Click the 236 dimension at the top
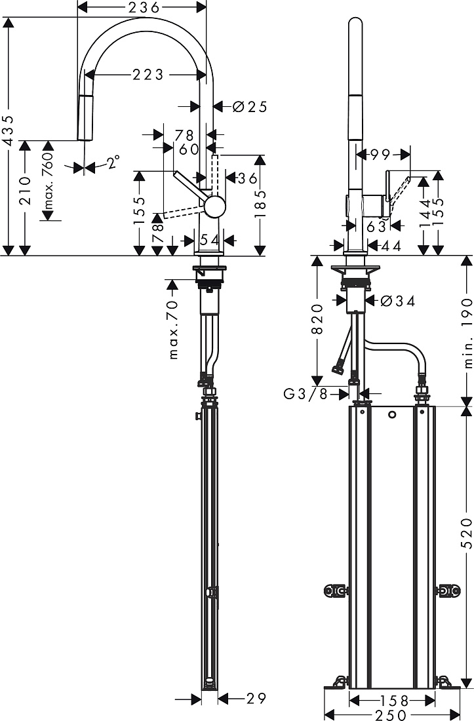[144, 7]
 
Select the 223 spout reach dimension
[148, 74]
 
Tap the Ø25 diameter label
[250, 107]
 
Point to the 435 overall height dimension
[9, 132]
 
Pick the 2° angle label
[113, 161]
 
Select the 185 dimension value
[261, 204]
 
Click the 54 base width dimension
[208, 239]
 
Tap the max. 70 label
[173, 329]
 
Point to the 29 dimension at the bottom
[256, 699]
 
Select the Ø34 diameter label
[398, 302]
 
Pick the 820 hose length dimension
[317, 319]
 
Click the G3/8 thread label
[306, 394]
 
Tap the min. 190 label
[467, 333]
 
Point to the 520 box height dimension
[467, 534]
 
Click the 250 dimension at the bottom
[391, 714]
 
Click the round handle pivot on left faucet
[214, 207]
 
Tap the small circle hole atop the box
[391, 415]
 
